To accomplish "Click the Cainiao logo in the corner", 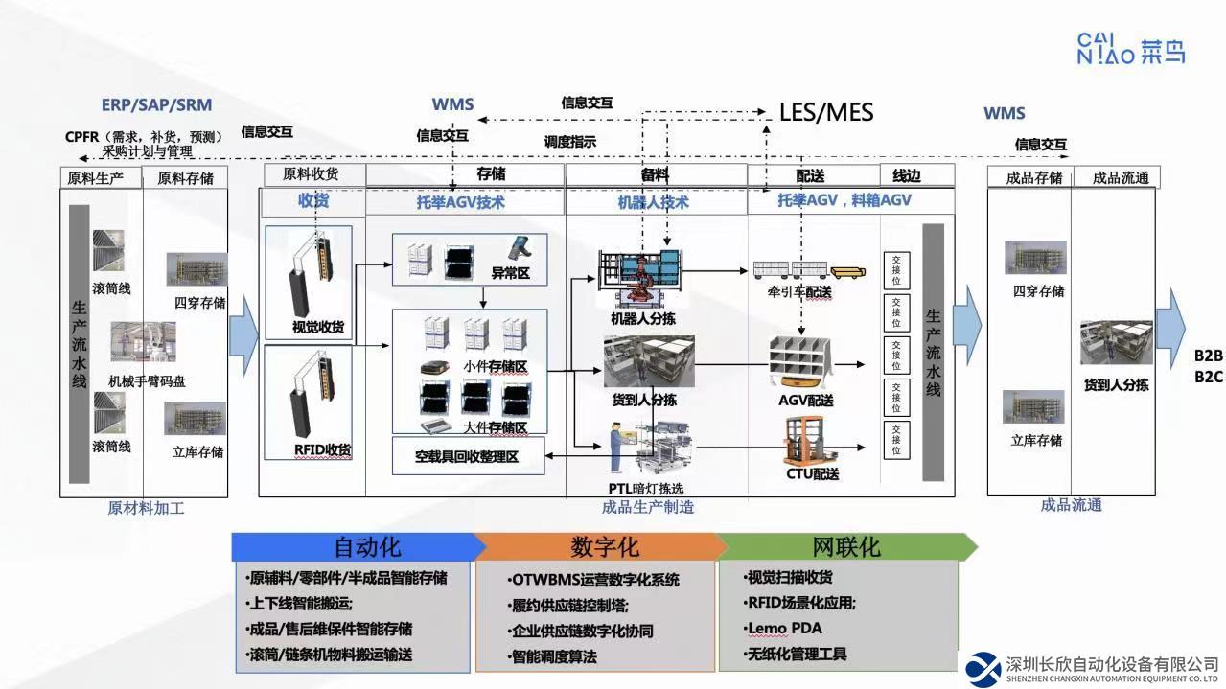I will click(1130, 48).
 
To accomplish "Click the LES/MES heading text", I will click(825, 112).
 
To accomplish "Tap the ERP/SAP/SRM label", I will click(156, 105).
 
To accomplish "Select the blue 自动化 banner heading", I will click(366, 547).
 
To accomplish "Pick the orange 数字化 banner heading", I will click(604, 547).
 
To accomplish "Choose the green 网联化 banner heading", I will click(845, 547).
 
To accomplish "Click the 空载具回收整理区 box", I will click(467, 457).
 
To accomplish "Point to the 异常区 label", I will click(510, 273).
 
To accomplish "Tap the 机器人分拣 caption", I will click(642, 318).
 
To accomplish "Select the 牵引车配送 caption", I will click(792, 292).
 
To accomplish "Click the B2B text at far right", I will click(1208, 356).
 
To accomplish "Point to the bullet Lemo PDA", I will click(783, 629).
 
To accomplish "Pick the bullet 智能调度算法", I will click(553, 656).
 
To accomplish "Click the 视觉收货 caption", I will click(318, 328).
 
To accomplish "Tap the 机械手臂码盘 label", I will click(147, 381).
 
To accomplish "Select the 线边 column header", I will click(907, 176).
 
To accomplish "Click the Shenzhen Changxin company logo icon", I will click(983, 669).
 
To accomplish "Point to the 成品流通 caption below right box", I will click(1071, 505).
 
